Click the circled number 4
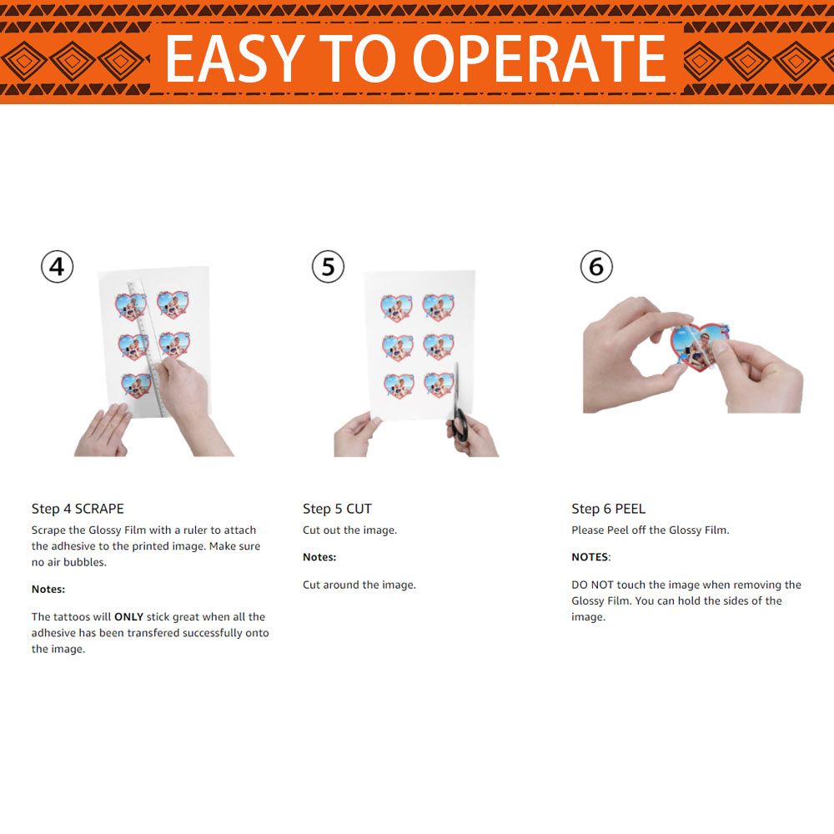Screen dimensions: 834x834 coord(57,267)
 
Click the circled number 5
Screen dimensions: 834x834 coord(328,267)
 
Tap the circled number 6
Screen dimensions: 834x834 coord(596,267)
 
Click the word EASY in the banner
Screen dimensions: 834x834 coord(234,58)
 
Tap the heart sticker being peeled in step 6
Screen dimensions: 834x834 coord(699,346)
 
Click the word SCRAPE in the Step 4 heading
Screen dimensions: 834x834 coord(99,509)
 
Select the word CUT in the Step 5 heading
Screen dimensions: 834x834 coord(359,509)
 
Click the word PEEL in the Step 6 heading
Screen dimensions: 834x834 coord(630,509)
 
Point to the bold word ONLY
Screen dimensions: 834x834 coord(128,617)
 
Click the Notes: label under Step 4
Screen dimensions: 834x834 coord(48,590)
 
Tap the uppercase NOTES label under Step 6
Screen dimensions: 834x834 coord(591,557)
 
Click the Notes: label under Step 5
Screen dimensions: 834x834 coord(319,557)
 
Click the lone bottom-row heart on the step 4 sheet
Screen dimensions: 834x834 coord(137,385)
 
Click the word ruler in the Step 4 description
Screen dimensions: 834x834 coord(195,530)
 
